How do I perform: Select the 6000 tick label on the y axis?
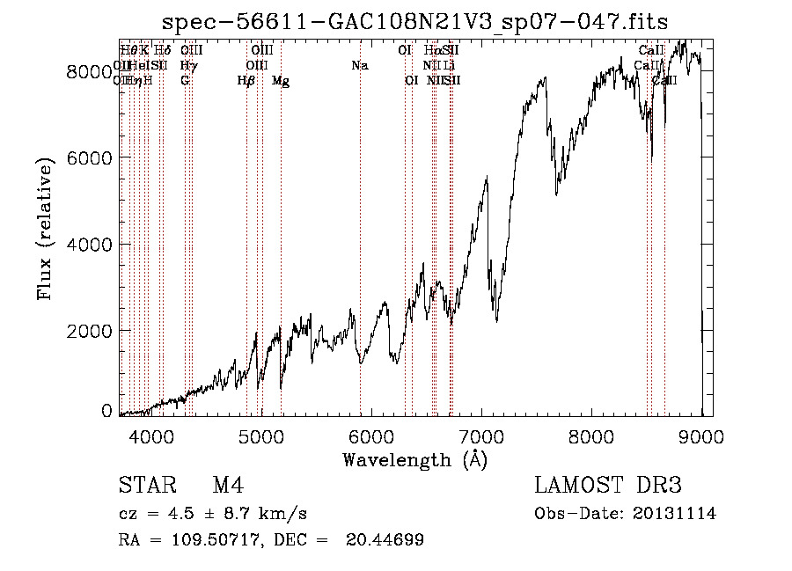(x=88, y=157)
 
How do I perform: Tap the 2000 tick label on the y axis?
(x=88, y=330)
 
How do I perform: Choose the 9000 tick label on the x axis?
(x=701, y=435)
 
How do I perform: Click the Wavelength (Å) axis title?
(x=414, y=459)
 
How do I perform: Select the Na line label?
(x=359, y=65)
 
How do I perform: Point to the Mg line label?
(x=281, y=81)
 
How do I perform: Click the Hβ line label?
(x=246, y=81)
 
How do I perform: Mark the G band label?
(x=185, y=81)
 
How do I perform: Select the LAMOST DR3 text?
(x=607, y=486)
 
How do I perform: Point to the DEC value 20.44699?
(x=386, y=539)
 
